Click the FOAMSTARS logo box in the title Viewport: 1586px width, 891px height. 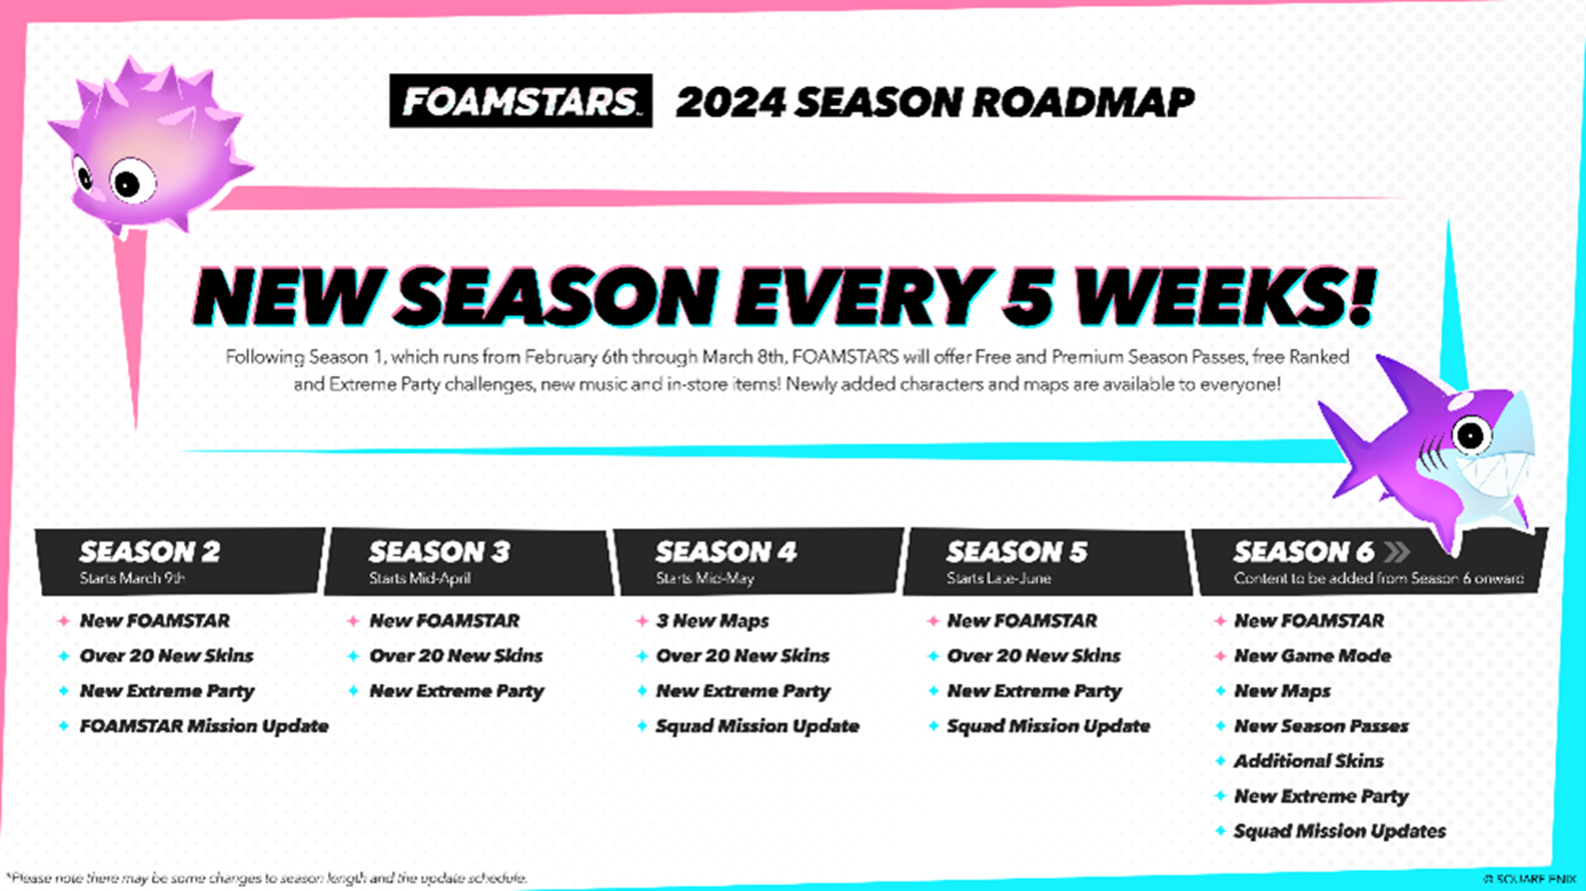(x=520, y=101)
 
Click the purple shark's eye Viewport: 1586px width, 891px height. (x=1469, y=435)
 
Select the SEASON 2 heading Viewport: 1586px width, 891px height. (x=150, y=553)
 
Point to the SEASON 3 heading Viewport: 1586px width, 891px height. (x=440, y=553)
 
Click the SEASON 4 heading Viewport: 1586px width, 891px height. (x=726, y=553)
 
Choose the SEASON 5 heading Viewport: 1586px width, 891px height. (x=1016, y=553)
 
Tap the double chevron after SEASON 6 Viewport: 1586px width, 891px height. (x=1396, y=553)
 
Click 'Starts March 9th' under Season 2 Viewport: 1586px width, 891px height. (x=132, y=579)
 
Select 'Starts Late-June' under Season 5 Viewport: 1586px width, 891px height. (x=999, y=579)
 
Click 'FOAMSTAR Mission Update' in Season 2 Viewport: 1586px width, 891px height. (x=204, y=726)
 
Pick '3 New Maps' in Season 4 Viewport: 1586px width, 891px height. (x=712, y=621)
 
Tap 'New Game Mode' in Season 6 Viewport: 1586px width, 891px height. (x=1312, y=656)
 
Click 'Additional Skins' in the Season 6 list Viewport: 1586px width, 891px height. (x=1308, y=761)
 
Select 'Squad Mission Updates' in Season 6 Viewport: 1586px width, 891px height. (x=1339, y=831)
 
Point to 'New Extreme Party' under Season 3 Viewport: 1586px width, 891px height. (x=456, y=691)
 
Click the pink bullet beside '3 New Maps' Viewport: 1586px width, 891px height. (x=642, y=621)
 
